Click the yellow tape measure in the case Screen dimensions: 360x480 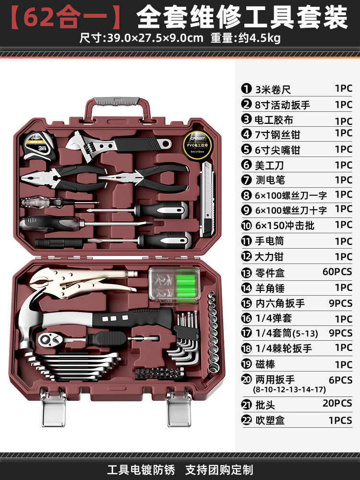(36, 144)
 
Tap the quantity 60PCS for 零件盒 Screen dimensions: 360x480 (337, 272)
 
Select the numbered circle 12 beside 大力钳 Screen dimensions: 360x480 (247, 257)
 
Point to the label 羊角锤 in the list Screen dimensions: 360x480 (270, 288)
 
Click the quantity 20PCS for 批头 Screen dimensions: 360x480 (337, 403)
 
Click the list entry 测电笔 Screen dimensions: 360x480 (270, 180)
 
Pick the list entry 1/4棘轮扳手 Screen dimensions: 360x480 (283, 348)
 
